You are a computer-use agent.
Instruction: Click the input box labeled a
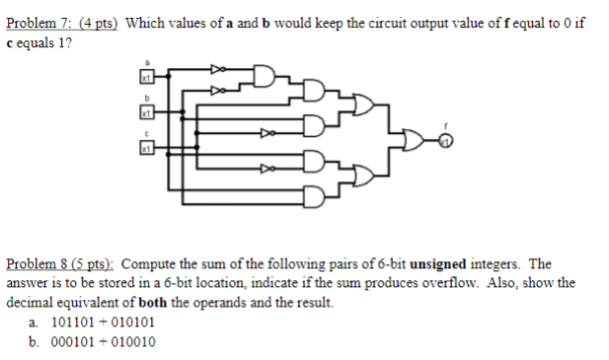[x=145, y=76]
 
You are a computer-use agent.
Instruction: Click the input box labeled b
[x=145, y=113]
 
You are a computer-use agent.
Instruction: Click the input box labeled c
[x=145, y=147]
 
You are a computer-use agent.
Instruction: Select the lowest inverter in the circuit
[x=264, y=169]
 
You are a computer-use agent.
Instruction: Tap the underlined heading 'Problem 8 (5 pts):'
[x=60, y=265]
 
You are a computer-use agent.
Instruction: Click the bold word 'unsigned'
[x=439, y=265]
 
